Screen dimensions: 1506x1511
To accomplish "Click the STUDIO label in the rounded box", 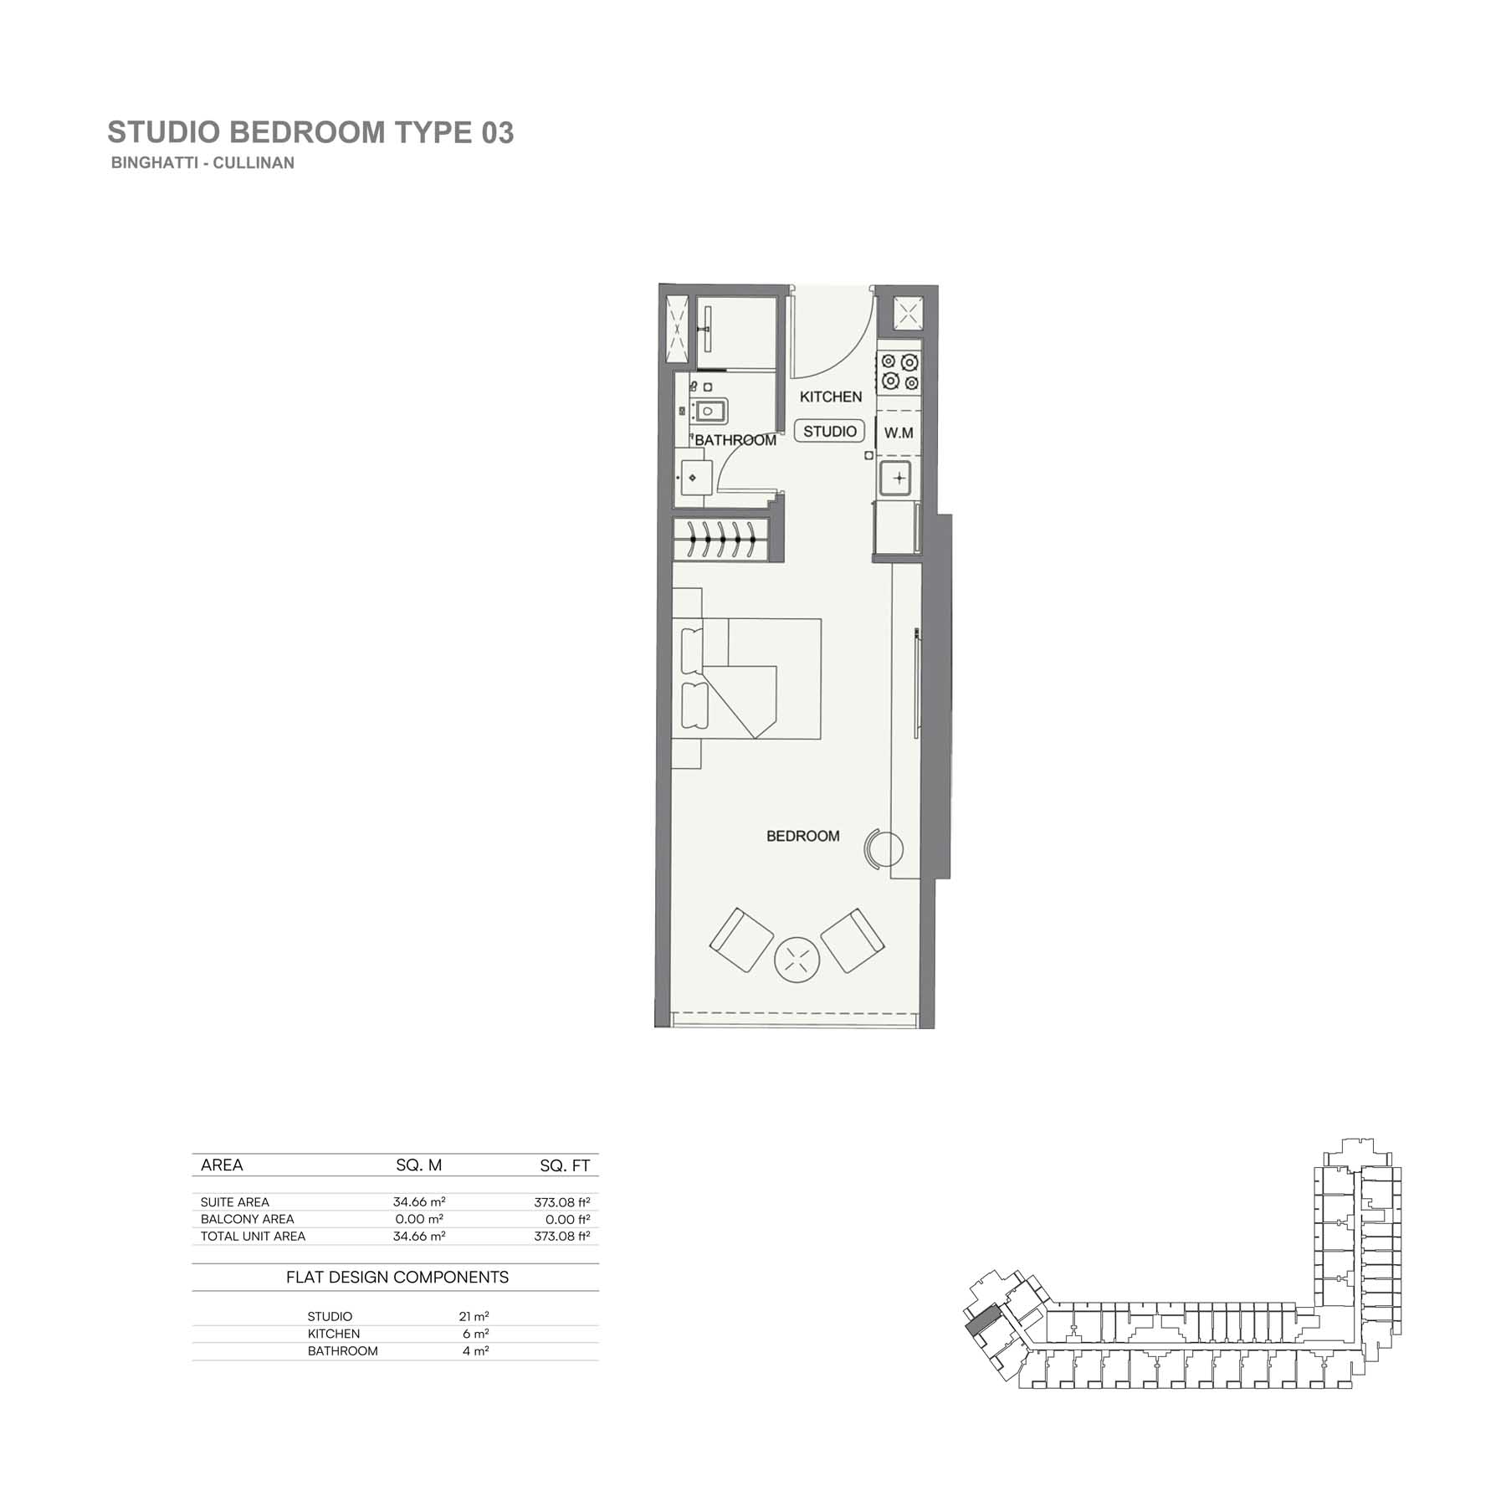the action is click(830, 432).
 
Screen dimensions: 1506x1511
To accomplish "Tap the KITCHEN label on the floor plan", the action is click(831, 397).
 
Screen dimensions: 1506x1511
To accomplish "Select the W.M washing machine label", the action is click(899, 433).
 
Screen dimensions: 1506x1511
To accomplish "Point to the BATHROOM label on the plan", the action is click(735, 440).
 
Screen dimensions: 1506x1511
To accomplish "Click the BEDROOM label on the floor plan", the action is click(803, 836).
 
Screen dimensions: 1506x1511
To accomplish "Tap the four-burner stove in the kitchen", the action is click(899, 372).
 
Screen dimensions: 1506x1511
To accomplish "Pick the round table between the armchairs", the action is click(797, 959).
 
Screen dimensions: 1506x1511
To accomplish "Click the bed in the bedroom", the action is click(747, 679).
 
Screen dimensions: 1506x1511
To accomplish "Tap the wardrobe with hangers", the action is click(720, 539).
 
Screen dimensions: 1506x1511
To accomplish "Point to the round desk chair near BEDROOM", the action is click(884, 850).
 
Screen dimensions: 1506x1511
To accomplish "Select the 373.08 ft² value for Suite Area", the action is click(562, 1202).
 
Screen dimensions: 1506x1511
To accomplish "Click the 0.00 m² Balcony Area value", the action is click(419, 1219).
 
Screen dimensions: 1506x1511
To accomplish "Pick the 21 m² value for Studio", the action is click(474, 1316).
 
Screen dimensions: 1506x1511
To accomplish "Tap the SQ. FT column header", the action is click(565, 1165).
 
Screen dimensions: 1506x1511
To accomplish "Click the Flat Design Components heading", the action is click(397, 1278).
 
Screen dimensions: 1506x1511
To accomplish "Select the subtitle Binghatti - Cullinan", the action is click(202, 163).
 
